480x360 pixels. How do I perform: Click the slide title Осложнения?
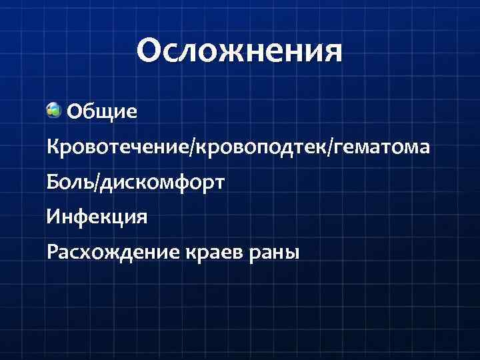(239, 51)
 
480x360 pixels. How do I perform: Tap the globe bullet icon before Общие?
(54, 109)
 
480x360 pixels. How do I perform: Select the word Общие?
(103, 111)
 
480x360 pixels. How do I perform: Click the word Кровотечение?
(119, 147)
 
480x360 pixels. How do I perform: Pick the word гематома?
(382, 147)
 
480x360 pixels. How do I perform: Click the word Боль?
(71, 181)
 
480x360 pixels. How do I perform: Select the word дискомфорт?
(162, 182)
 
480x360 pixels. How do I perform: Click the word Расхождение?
(109, 253)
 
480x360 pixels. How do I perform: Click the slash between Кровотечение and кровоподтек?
(193, 147)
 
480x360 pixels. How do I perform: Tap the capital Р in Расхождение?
(51, 253)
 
